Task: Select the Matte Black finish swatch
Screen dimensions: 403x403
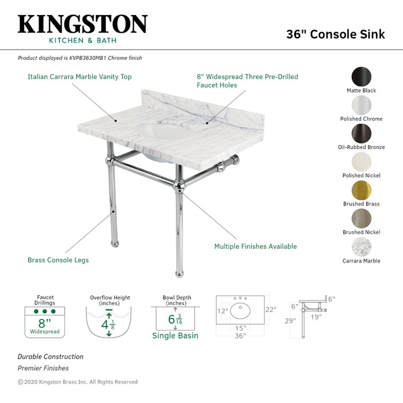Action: (x=362, y=77)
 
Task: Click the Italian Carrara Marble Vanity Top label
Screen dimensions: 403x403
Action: (x=79, y=77)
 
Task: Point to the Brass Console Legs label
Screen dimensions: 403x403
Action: (x=58, y=260)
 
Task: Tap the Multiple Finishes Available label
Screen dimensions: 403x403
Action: (x=256, y=246)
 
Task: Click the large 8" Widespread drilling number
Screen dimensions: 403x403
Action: (x=45, y=323)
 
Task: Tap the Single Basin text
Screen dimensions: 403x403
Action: (x=175, y=336)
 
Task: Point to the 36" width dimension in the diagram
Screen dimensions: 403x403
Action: (x=240, y=336)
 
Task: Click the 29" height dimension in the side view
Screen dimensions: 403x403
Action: (x=290, y=321)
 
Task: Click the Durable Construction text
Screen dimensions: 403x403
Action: (x=50, y=357)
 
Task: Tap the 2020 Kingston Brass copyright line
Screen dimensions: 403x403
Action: (x=78, y=382)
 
